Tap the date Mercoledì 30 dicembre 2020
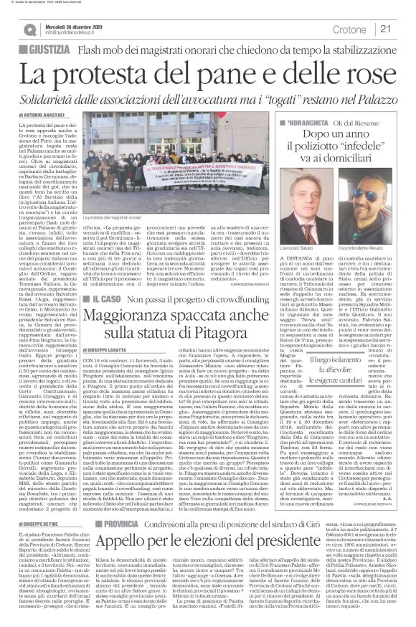(x=80, y=24)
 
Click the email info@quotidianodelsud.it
(x=78, y=32)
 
